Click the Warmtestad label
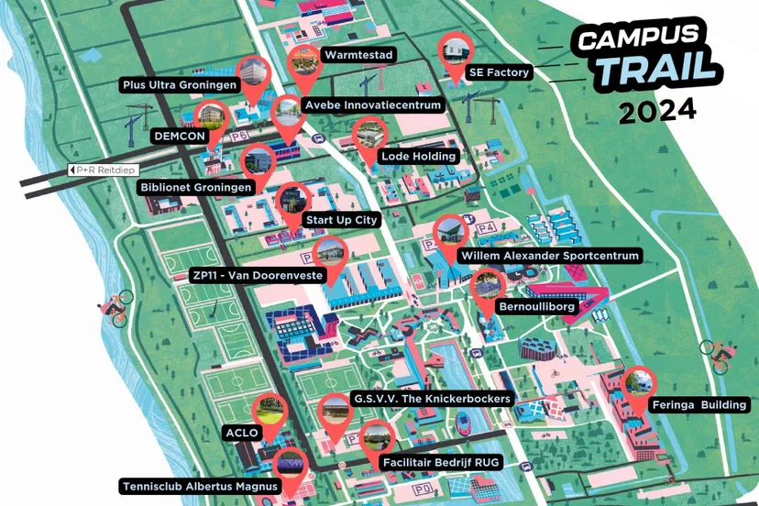tap(358, 55)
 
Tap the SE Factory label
tap(500, 72)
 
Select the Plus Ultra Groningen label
tap(180, 85)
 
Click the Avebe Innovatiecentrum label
tap(372, 105)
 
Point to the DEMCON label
tap(178, 136)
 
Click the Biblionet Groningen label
tap(195, 188)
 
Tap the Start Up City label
tap(341, 220)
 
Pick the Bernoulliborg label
tap(535, 306)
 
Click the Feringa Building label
tap(699, 404)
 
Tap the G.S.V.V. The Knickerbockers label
tap(432, 399)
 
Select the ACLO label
tap(242, 432)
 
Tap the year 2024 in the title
tap(656, 111)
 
